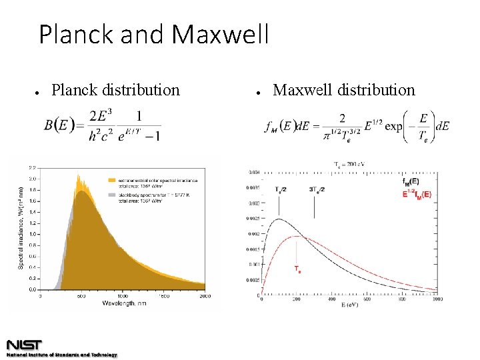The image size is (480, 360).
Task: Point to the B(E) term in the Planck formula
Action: pyautogui.click(x=59, y=125)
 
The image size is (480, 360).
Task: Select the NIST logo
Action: pyautogui.click(x=25, y=345)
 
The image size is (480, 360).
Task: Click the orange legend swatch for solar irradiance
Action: pyautogui.click(x=111, y=179)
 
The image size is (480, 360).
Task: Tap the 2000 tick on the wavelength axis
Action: pyautogui.click(x=204, y=295)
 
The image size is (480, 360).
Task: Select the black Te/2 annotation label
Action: pyautogui.click(x=281, y=189)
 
